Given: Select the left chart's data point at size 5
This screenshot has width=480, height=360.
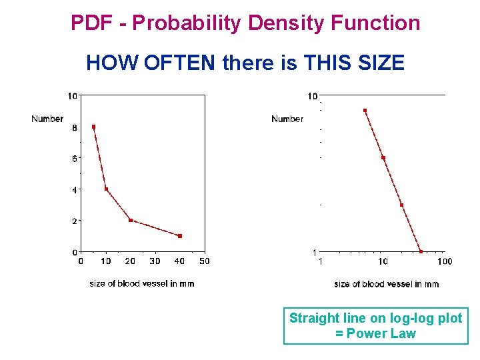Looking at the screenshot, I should click(93, 127).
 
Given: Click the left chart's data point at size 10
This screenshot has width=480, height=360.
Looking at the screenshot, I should click(106, 189).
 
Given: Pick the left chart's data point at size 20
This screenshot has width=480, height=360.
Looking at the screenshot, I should click(131, 220).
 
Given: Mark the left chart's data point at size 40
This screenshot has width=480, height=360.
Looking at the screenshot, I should click(180, 236).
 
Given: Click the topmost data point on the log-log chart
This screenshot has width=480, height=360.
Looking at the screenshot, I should click(365, 110).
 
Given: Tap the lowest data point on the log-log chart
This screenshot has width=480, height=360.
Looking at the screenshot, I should click(421, 251).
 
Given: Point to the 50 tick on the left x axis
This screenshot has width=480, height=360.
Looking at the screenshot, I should click(205, 261).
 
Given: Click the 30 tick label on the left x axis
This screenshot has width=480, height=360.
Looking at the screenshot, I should click(155, 261).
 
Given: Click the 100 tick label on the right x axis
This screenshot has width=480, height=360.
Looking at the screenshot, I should click(445, 261).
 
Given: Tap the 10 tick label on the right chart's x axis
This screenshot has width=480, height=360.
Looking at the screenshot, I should click(383, 261).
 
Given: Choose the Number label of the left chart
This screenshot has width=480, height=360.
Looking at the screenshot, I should click(47, 119).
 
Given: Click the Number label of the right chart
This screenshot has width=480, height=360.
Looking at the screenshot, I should click(287, 119).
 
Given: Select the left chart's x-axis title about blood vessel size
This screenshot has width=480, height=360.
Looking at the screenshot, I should click(142, 284).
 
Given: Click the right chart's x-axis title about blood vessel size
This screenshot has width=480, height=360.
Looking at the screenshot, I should click(387, 284).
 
